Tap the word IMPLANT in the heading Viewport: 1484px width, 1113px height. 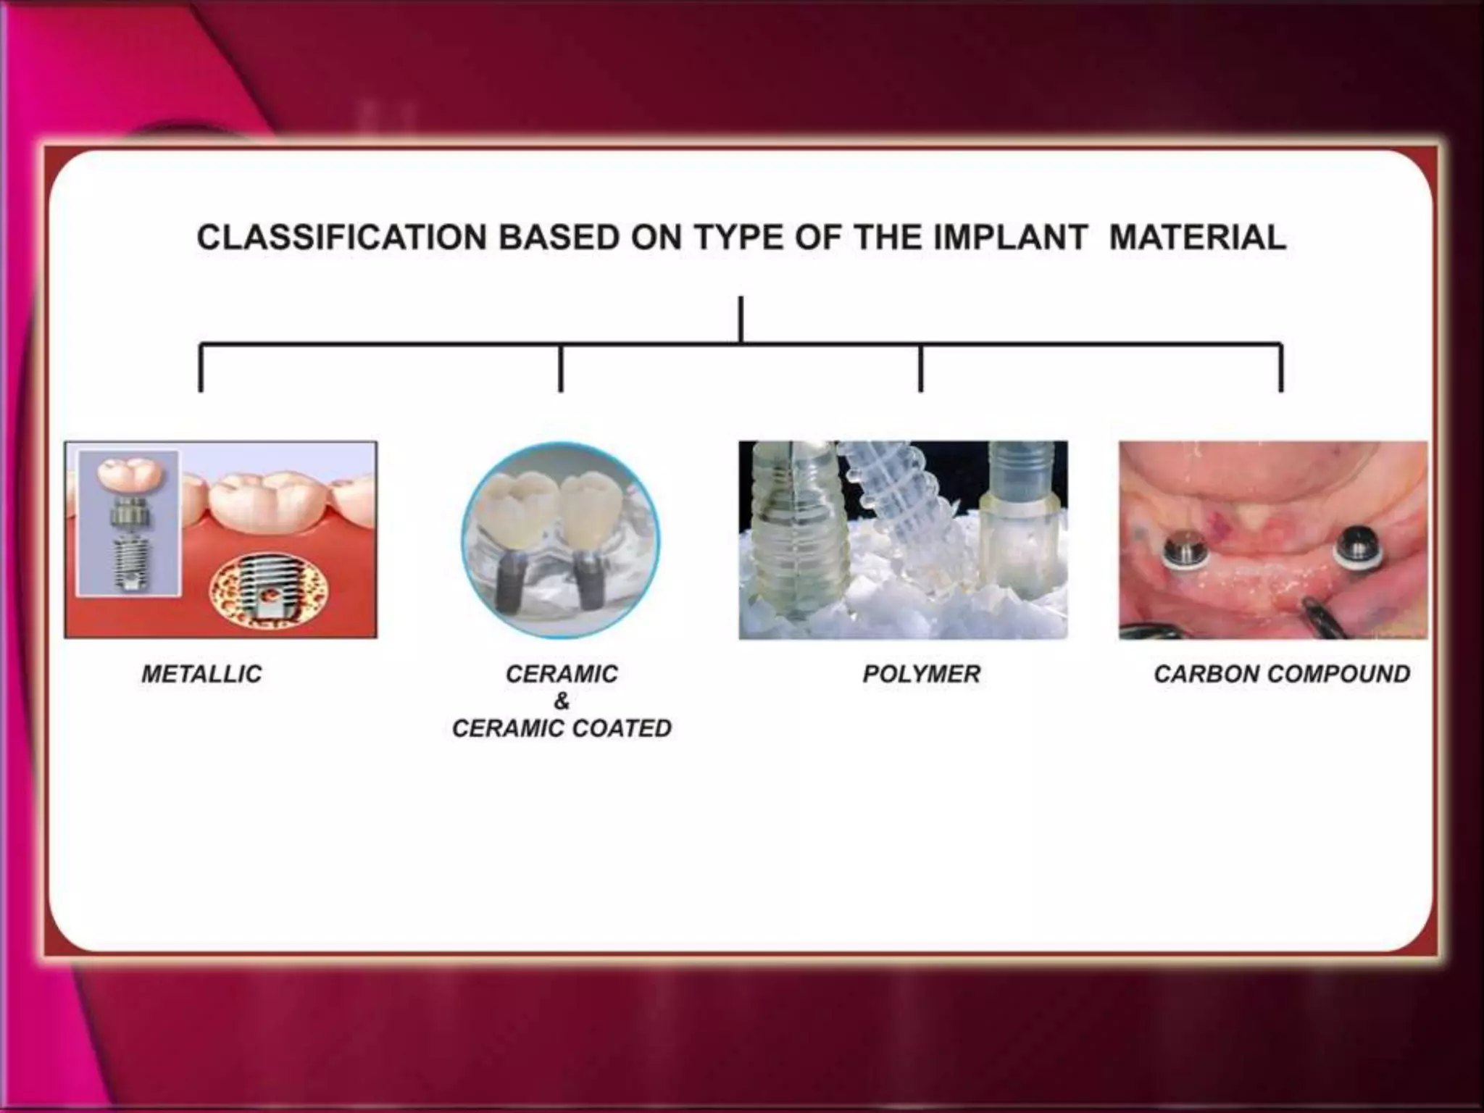click(x=1010, y=238)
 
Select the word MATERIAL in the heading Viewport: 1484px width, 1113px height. click(x=1198, y=238)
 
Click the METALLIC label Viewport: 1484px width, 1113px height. click(x=201, y=674)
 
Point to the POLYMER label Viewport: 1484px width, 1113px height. click(x=921, y=674)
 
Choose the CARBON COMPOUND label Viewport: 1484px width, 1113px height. click(x=1282, y=674)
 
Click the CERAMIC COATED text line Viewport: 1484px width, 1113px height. click(x=562, y=728)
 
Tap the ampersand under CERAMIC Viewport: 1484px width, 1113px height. click(x=562, y=701)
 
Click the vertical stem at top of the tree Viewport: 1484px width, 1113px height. click(x=741, y=319)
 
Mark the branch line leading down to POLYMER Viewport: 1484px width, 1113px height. click(x=920, y=368)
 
